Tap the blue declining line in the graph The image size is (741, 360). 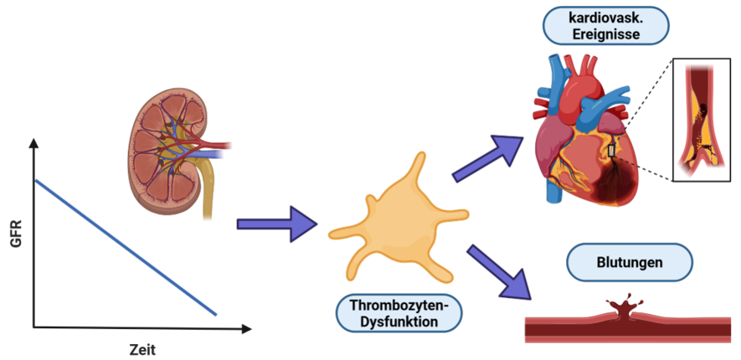126,247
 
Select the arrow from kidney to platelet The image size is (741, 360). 276,224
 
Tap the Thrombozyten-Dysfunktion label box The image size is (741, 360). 398,312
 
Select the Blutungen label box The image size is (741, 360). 630,263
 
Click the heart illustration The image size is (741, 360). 586,134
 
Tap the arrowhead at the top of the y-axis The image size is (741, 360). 33,144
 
